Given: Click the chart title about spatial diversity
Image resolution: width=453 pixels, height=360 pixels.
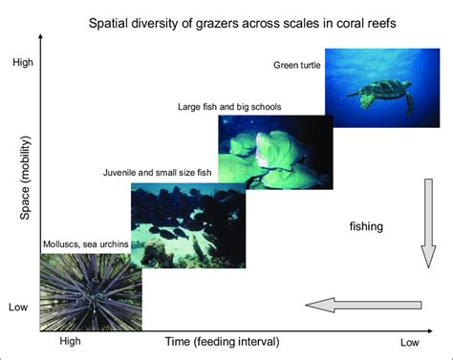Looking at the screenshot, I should (x=244, y=22).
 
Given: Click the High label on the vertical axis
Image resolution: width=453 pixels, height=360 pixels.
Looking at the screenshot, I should (x=22, y=63).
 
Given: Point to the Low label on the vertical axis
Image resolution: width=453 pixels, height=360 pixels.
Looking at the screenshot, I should (x=19, y=307).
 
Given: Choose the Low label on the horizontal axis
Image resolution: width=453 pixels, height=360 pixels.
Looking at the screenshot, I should (x=409, y=342).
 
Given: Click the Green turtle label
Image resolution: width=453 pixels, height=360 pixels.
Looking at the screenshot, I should (x=297, y=64).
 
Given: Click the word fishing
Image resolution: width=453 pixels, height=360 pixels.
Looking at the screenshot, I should (x=366, y=226).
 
